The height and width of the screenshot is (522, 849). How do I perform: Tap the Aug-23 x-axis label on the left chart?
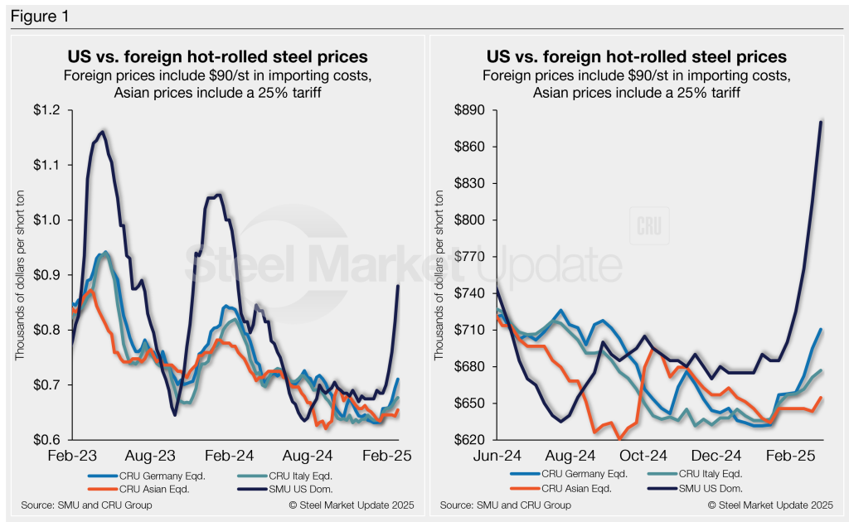[153, 456]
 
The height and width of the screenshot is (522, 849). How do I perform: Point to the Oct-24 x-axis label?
[643, 456]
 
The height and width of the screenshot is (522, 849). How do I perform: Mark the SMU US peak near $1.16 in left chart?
[102, 131]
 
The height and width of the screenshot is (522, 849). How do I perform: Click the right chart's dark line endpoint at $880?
[821, 123]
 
